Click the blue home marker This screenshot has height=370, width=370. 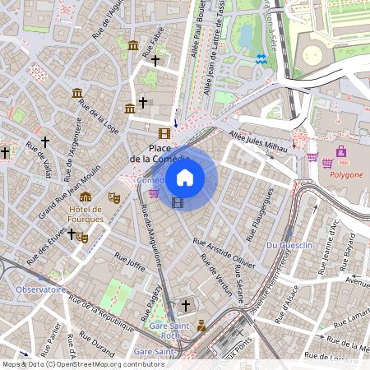pyautogui.click(x=185, y=178)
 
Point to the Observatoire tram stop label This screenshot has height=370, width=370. pyautogui.click(x=40, y=289)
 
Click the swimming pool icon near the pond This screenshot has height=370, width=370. pyautogui.click(x=261, y=59)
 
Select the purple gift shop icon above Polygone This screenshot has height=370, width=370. pyautogui.click(x=340, y=152)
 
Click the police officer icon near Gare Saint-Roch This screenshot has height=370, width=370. pyautogui.click(x=201, y=325)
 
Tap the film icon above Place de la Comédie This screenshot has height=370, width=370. pyautogui.click(x=164, y=132)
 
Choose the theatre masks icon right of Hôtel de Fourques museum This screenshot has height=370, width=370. pyautogui.click(x=113, y=197)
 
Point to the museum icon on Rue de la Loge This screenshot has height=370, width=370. pyautogui.click(x=77, y=93)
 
